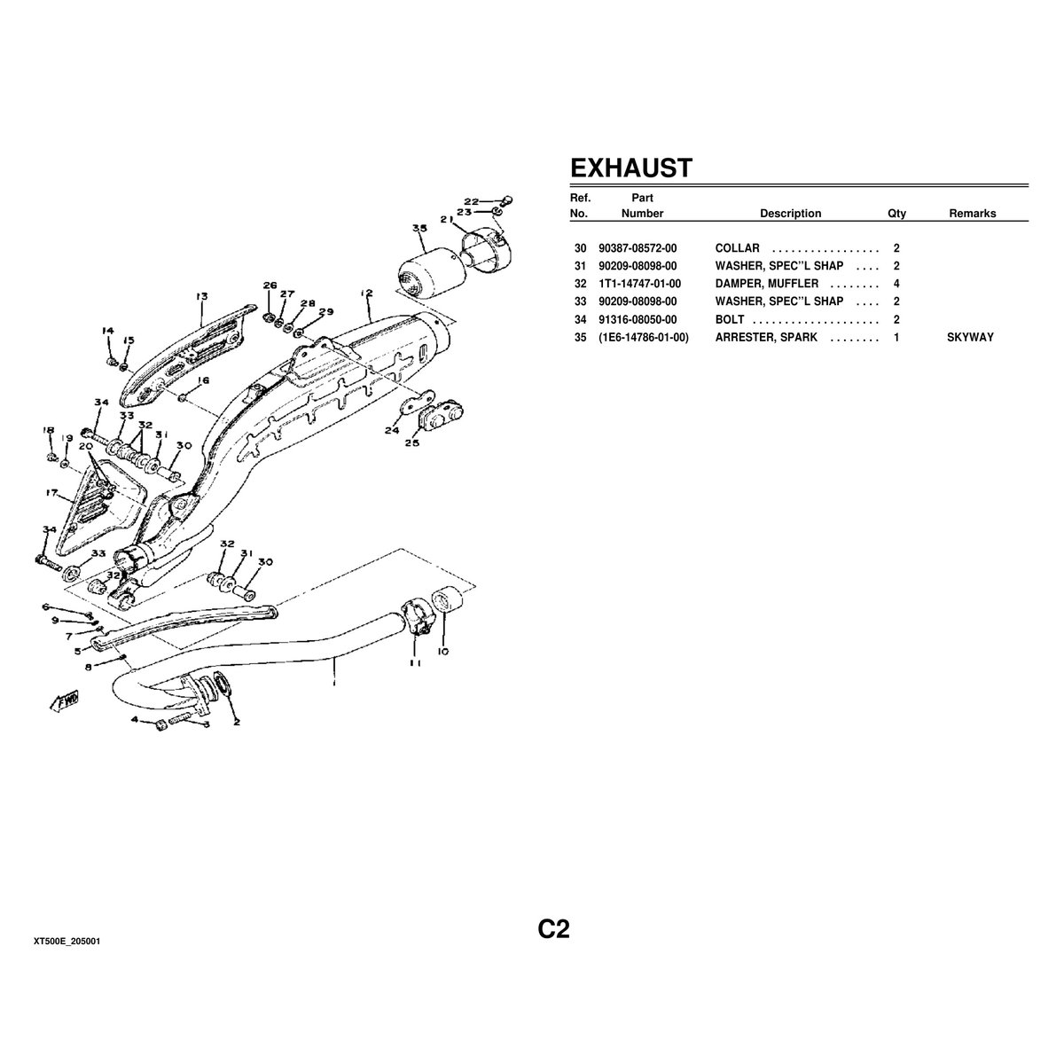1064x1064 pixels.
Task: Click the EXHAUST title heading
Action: (630, 168)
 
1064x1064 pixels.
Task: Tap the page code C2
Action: (553, 928)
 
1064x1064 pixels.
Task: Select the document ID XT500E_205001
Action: (66, 941)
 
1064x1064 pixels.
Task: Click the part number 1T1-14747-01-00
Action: (640, 284)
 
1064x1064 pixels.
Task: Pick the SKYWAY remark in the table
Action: (970, 337)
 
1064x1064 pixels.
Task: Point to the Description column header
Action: (790, 214)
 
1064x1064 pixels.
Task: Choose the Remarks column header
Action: (972, 214)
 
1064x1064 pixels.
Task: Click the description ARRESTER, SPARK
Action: (766, 337)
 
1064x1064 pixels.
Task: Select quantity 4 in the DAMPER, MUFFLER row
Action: (896, 284)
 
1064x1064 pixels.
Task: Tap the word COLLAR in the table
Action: (738, 248)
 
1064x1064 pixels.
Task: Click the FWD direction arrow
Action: (66, 701)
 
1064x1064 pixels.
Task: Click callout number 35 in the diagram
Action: (419, 229)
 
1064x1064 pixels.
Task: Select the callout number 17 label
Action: (52, 493)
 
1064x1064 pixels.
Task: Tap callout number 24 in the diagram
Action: (393, 432)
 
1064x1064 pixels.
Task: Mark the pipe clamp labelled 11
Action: (415, 616)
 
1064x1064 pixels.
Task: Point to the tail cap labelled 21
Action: (484, 244)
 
